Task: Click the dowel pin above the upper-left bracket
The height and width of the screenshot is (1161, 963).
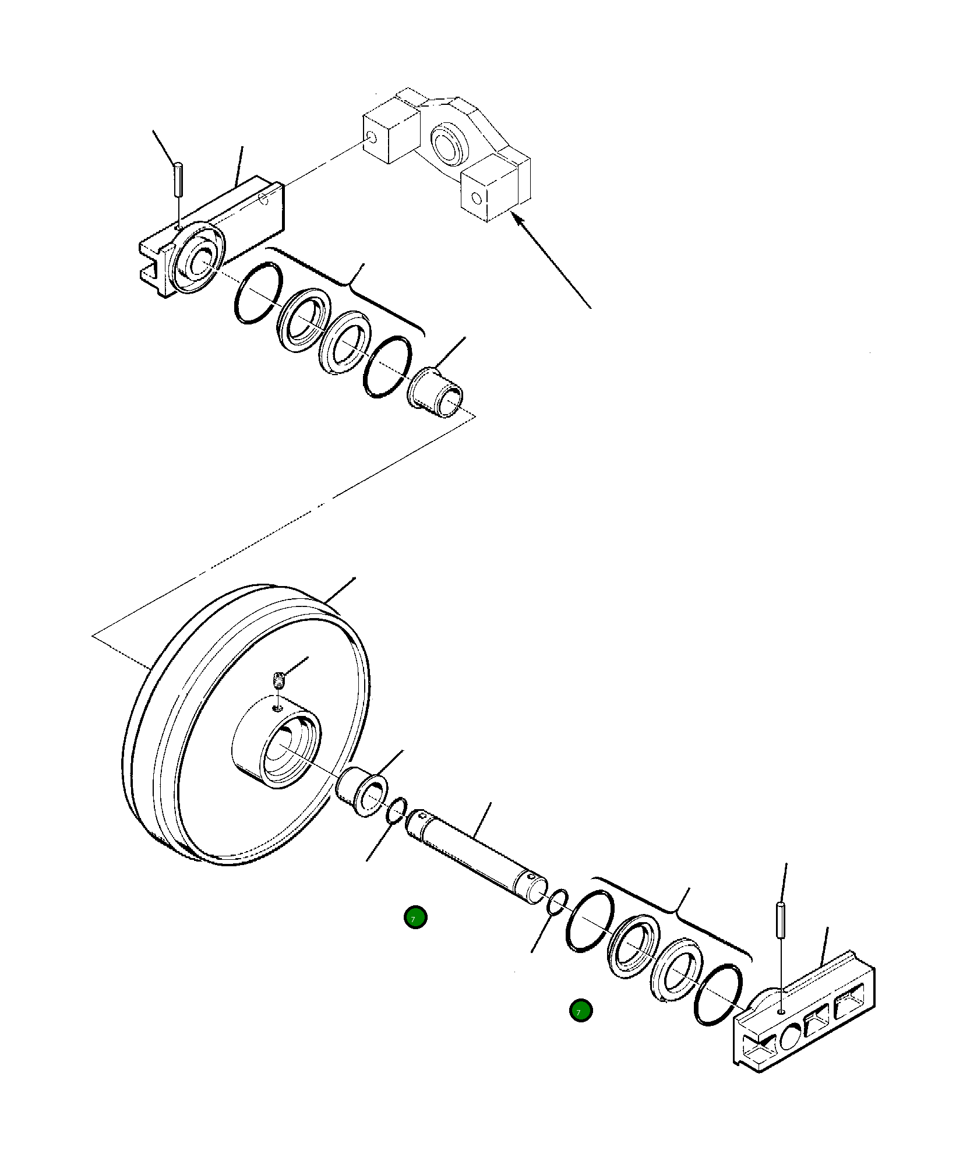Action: pos(179,180)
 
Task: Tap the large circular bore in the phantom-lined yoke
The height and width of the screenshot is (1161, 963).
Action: pos(448,143)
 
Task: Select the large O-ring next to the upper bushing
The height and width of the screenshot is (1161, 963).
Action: pos(387,368)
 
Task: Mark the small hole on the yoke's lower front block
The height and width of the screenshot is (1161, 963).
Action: pos(477,198)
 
